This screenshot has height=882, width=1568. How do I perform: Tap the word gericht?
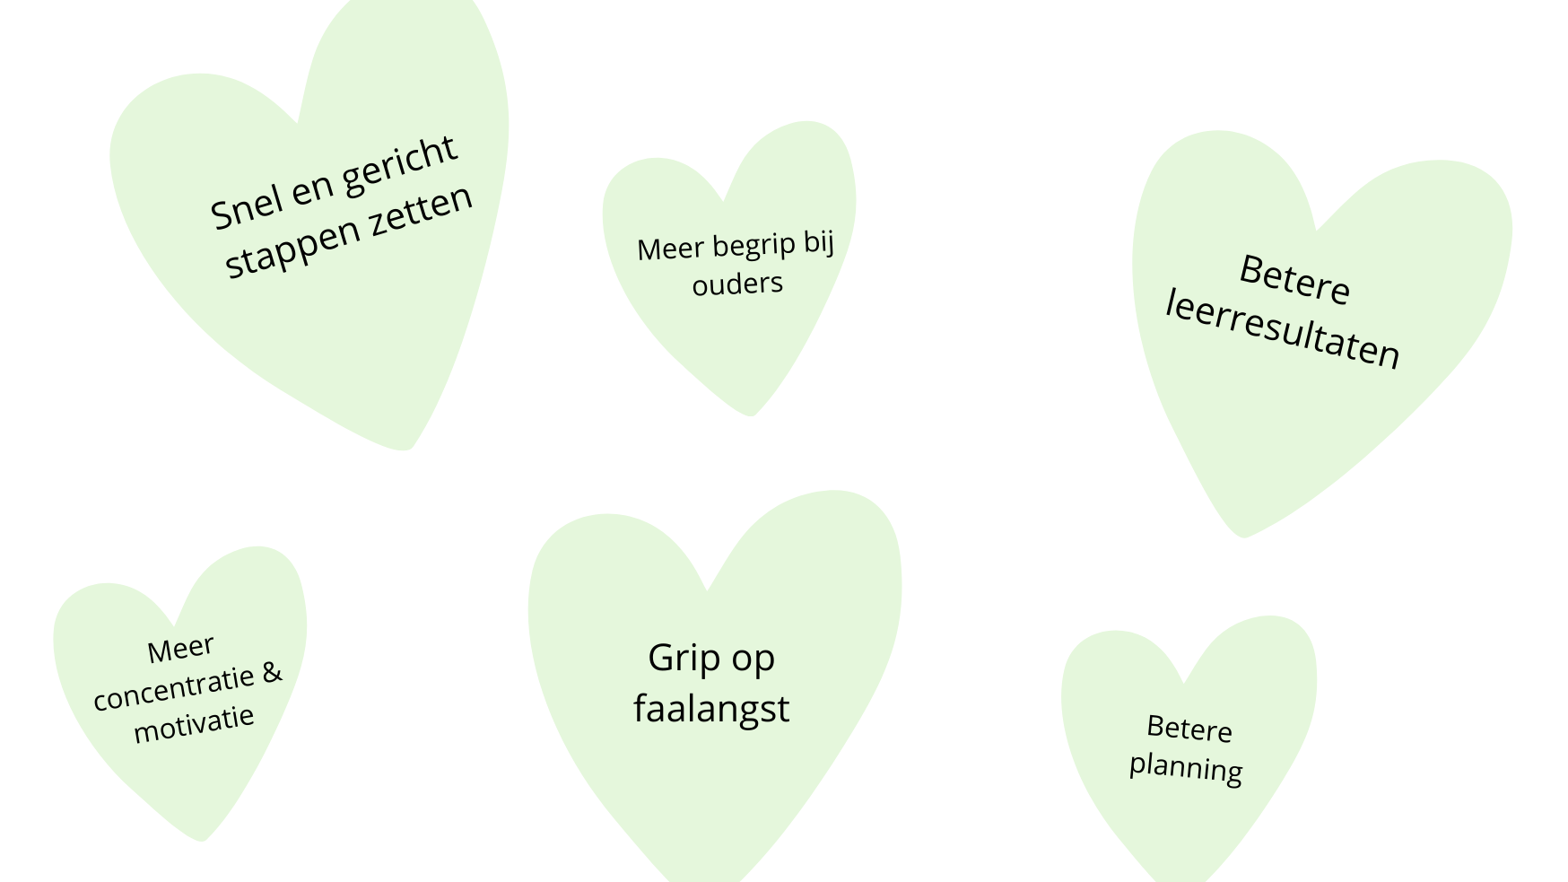[x=401, y=167]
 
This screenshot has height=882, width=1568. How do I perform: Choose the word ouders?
[x=737, y=284]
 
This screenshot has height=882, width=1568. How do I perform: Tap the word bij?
[x=819, y=242]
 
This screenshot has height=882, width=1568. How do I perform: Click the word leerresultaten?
[x=1283, y=331]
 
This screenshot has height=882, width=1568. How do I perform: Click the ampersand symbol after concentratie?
[x=272, y=673]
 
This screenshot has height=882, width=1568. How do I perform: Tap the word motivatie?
[x=194, y=724]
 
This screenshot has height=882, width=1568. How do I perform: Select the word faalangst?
[x=711, y=708]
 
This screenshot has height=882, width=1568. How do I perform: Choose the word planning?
[x=1186, y=768]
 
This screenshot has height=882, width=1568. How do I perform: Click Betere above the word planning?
[x=1189, y=729]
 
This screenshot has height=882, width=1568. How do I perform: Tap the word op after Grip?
[x=754, y=661]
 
